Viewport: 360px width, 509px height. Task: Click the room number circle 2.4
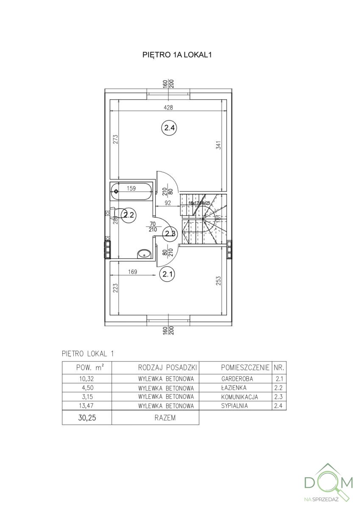(169, 127)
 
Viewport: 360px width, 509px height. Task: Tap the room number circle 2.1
(166, 274)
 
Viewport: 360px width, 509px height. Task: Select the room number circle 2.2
(128, 215)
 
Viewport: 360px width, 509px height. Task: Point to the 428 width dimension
(169, 108)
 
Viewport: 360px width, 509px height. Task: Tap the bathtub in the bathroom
(131, 191)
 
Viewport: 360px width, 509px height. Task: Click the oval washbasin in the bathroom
(144, 255)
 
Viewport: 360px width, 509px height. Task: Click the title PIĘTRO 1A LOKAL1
(177, 55)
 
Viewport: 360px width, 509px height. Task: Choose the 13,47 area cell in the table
(87, 406)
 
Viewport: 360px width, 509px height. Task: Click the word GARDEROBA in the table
(237, 379)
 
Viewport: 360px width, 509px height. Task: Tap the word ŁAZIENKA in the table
(234, 388)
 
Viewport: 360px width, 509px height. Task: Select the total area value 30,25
(87, 418)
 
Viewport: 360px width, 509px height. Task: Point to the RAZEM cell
(155, 418)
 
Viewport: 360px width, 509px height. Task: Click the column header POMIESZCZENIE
(245, 367)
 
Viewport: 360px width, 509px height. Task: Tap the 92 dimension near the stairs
(167, 203)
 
